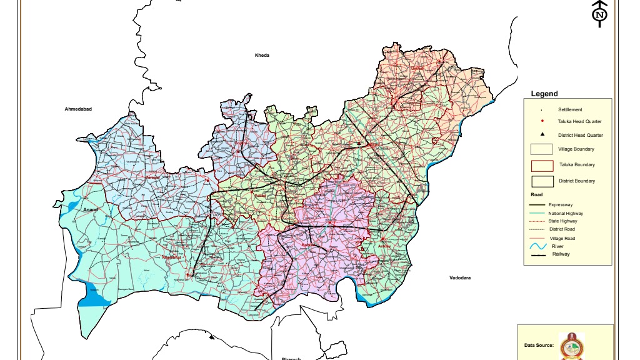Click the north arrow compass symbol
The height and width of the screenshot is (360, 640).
[x=599, y=14]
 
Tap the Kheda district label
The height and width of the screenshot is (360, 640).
[x=262, y=56]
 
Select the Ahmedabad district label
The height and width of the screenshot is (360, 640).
[x=78, y=109]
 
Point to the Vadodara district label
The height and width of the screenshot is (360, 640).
[x=460, y=277]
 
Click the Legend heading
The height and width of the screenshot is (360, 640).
[x=544, y=94]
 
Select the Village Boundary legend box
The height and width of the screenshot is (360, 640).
[x=542, y=149]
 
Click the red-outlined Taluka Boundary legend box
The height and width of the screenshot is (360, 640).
[x=542, y=165]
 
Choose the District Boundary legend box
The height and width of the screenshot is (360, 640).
[x=542, y=181]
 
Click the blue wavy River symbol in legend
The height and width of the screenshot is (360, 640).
[x=538, y=247]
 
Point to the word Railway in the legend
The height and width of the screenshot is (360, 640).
[x=561, y=254]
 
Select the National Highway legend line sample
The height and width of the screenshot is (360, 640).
[x=537, y=214]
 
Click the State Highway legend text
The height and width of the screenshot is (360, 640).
[x=563, y=221]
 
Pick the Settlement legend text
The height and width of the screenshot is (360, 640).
[x=570, y=110]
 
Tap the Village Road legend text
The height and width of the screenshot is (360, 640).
[x=562, y=239]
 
